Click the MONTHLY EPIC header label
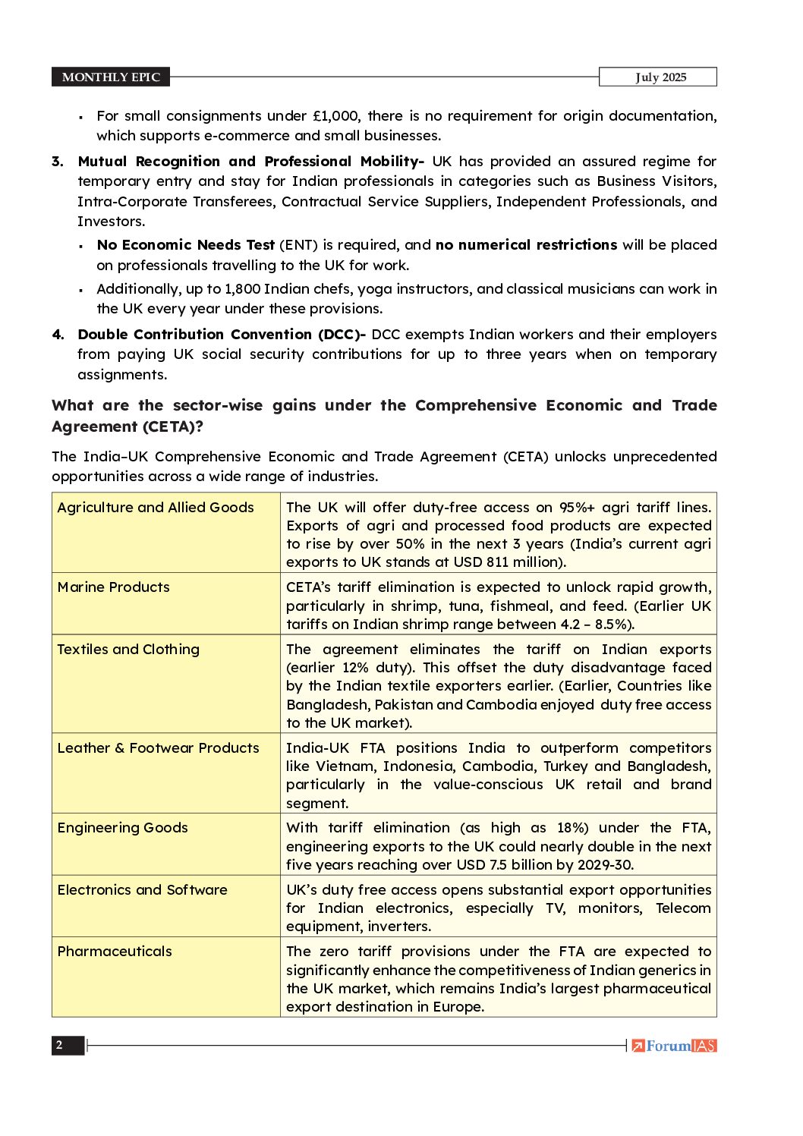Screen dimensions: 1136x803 pos(111,77)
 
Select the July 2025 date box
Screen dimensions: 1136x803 pos(660,77)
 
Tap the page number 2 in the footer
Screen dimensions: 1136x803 pos(59,1045)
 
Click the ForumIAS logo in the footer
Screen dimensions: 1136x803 pos(674,1046)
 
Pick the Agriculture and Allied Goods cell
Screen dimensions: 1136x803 pos(156,508)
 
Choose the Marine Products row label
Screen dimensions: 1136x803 pos(114,587)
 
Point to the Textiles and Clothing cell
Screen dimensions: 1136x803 pos(128,650)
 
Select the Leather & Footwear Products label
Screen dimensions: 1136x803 pos(158,748)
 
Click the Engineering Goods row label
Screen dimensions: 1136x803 pos(122,828)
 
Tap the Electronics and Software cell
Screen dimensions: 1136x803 pos(142,890)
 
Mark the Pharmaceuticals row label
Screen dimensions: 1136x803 pos(115,952)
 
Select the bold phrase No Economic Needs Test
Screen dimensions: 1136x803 pos(186,245)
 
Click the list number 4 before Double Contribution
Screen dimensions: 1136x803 pos(58,335)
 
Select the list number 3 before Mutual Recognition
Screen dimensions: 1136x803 pos(58,162)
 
